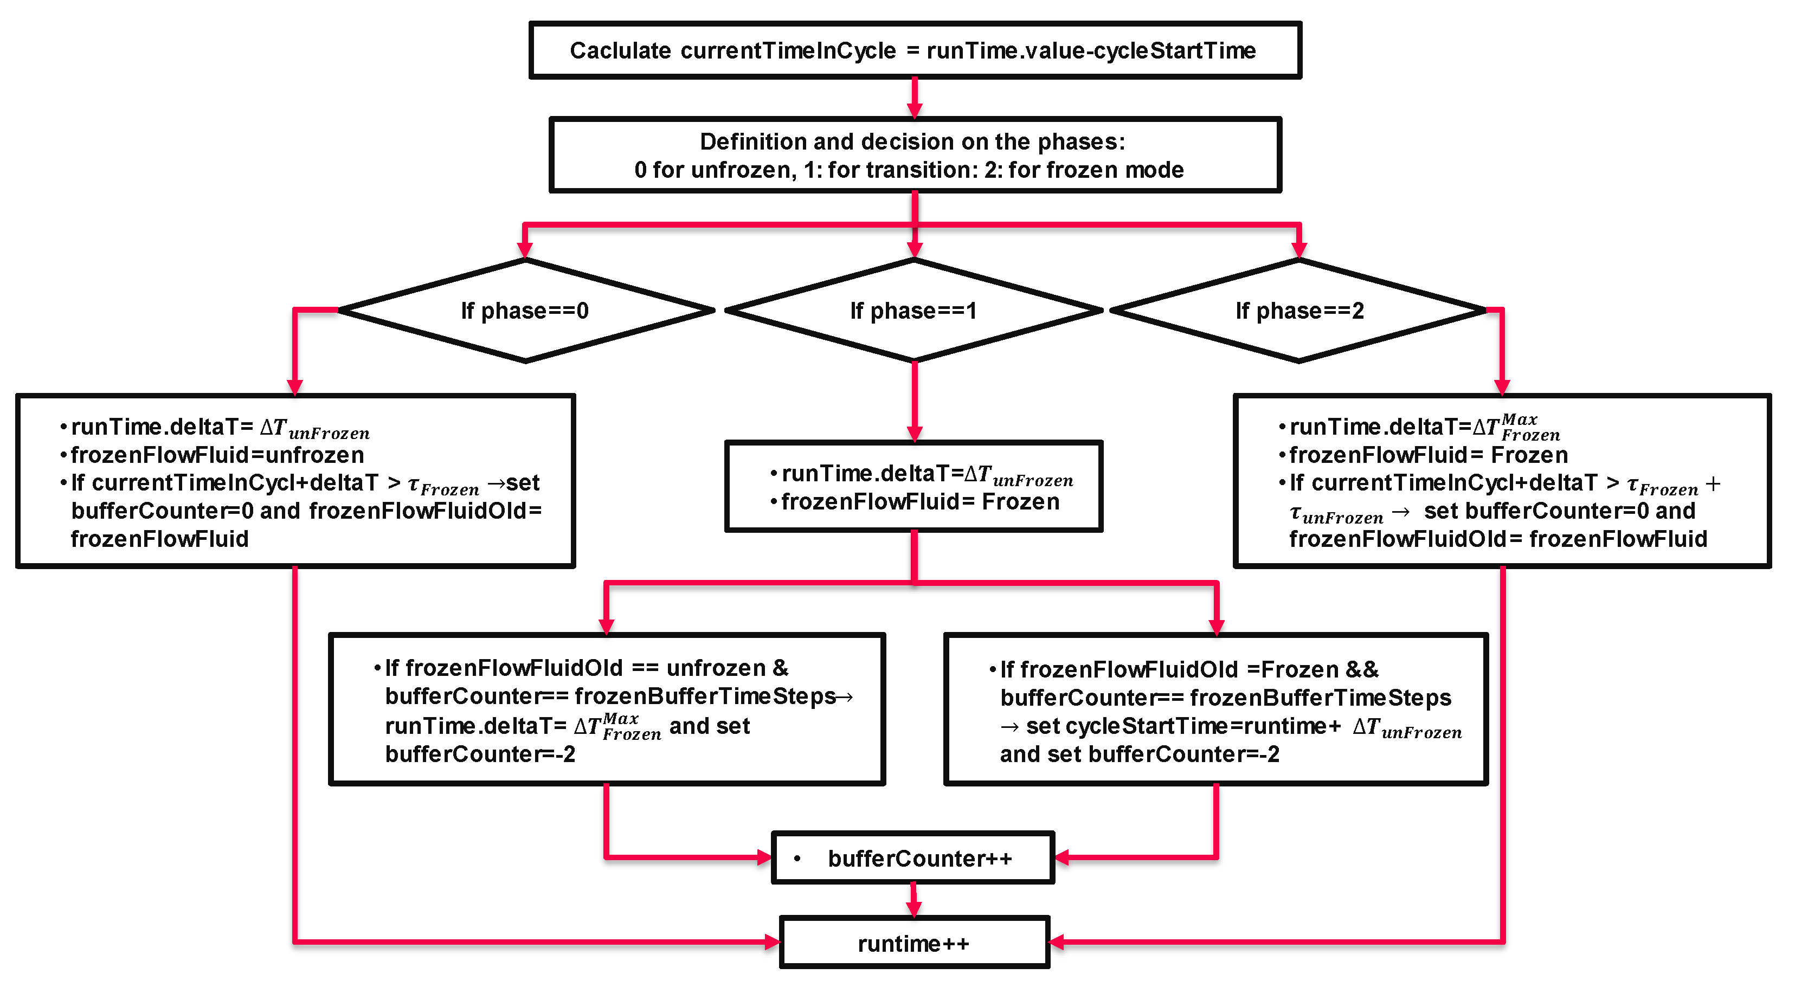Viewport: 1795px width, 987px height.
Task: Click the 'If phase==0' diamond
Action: [x=525, y=311]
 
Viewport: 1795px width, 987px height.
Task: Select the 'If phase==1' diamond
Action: [x=913, y=311]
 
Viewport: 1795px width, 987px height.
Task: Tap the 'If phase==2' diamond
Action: [x=1299, y=311]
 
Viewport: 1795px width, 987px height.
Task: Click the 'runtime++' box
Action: [x=914, y=943]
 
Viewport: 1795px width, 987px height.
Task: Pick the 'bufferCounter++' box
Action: [x=913, y=858]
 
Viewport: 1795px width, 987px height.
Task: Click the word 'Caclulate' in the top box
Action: [x=620, y=51]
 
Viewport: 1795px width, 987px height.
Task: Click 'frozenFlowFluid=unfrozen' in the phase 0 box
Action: [x=217, y=455]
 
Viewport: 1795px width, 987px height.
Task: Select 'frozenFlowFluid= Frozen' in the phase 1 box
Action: [x=920, y=502]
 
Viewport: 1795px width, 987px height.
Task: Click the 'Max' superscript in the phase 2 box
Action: [x=1519, y=420]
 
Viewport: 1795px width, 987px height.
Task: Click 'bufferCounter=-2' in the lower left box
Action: [x=480, y=754]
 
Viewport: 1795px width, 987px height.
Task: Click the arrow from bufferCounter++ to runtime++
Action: [x=913, y=900]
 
